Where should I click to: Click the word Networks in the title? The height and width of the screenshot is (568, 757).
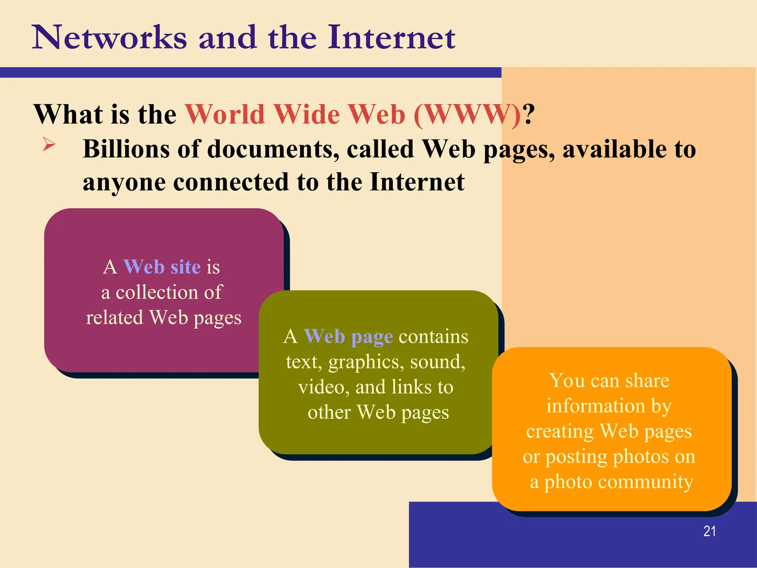coord(109,38)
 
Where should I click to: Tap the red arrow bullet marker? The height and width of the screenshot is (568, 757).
coord(49,144)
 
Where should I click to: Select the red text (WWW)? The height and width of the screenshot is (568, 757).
coord(468,115)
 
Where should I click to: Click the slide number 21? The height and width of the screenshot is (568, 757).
coord(709,531)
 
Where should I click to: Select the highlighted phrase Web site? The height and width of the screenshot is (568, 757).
coord(162,267)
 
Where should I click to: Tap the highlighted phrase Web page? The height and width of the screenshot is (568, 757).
coord(348,337)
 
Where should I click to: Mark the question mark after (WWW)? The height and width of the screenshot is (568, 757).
coord(529,115)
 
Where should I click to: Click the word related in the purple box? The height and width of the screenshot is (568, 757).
coord(115,318)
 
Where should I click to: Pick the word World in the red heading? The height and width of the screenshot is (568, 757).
coord(225,115)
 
